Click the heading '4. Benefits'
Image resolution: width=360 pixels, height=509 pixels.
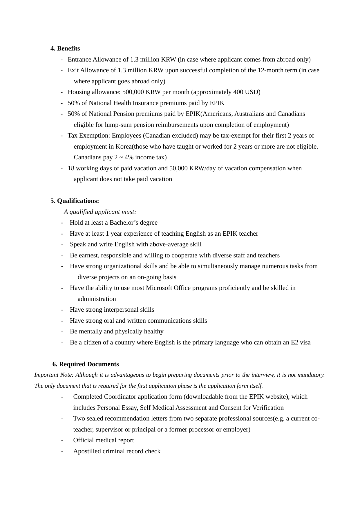[65, 48]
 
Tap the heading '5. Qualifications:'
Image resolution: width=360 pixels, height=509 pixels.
[75, 201]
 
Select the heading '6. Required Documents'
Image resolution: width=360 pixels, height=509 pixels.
[86, 364]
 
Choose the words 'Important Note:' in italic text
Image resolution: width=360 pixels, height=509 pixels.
[54, 375]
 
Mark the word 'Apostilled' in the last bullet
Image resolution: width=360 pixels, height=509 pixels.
[87, 451]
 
